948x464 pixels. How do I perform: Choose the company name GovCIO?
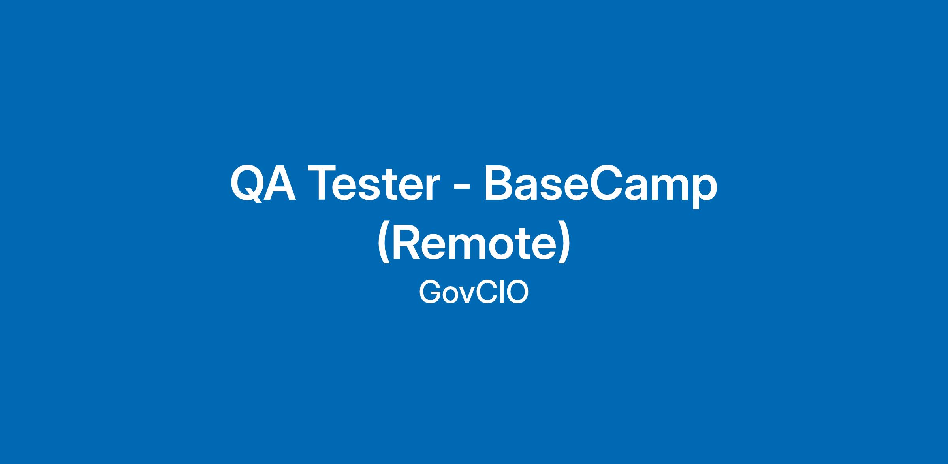[474, 293]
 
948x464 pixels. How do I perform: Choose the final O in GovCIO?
[517, 293]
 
